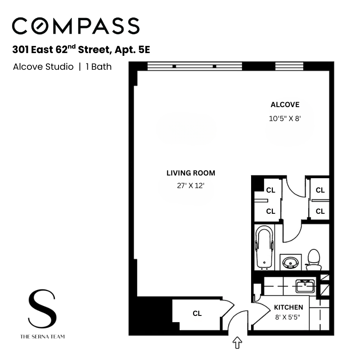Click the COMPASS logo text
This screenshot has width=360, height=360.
tap(76, 27)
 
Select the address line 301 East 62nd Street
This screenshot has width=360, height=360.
tap(81, 49)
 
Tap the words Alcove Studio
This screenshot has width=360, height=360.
tap(43, 67)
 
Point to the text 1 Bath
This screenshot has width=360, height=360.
tap(98, 67)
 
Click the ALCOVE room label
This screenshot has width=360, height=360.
tap(285, 105)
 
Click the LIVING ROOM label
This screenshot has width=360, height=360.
tap(191, 173)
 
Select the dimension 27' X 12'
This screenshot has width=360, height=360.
tap(191, 185)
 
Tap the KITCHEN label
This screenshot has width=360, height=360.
tap(288, 307)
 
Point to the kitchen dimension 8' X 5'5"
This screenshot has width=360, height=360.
tap(288, 317)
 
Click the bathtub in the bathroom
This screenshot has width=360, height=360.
tap(264, 247)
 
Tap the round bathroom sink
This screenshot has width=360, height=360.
tap(289, 261)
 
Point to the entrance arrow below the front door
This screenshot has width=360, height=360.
tap(237, 343)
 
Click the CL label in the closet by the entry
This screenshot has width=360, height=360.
tap(197, 314)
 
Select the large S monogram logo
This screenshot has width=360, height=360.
tap(42, 309)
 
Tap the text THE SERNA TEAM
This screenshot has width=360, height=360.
tap(42, 336)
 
